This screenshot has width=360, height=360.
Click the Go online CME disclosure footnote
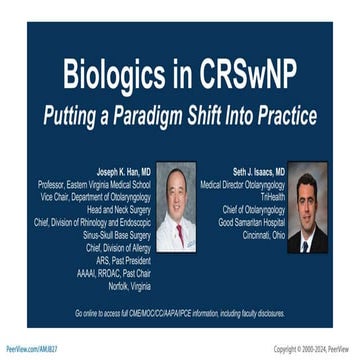click(180, 313)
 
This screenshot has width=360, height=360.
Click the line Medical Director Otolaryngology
click(236, 184)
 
